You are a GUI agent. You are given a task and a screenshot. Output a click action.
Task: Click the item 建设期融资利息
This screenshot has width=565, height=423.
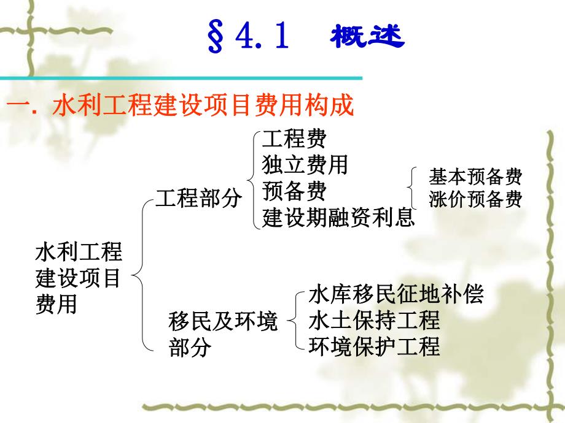[x=338, y=218]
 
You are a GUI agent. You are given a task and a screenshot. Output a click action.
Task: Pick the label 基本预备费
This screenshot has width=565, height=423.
[x=475, y=178]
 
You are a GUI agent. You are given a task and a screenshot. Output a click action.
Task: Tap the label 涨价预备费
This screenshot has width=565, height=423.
[x=475, y=200]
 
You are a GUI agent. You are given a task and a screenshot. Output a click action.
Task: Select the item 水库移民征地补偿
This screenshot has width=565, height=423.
[x=396, y=295]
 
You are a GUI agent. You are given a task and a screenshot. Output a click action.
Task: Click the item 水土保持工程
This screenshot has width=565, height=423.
[x=375, y=321]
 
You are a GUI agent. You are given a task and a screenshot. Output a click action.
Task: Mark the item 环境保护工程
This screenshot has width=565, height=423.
[x=375, y=346]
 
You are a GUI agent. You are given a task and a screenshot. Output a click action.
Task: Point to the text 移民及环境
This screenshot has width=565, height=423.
[x=223, y=321]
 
